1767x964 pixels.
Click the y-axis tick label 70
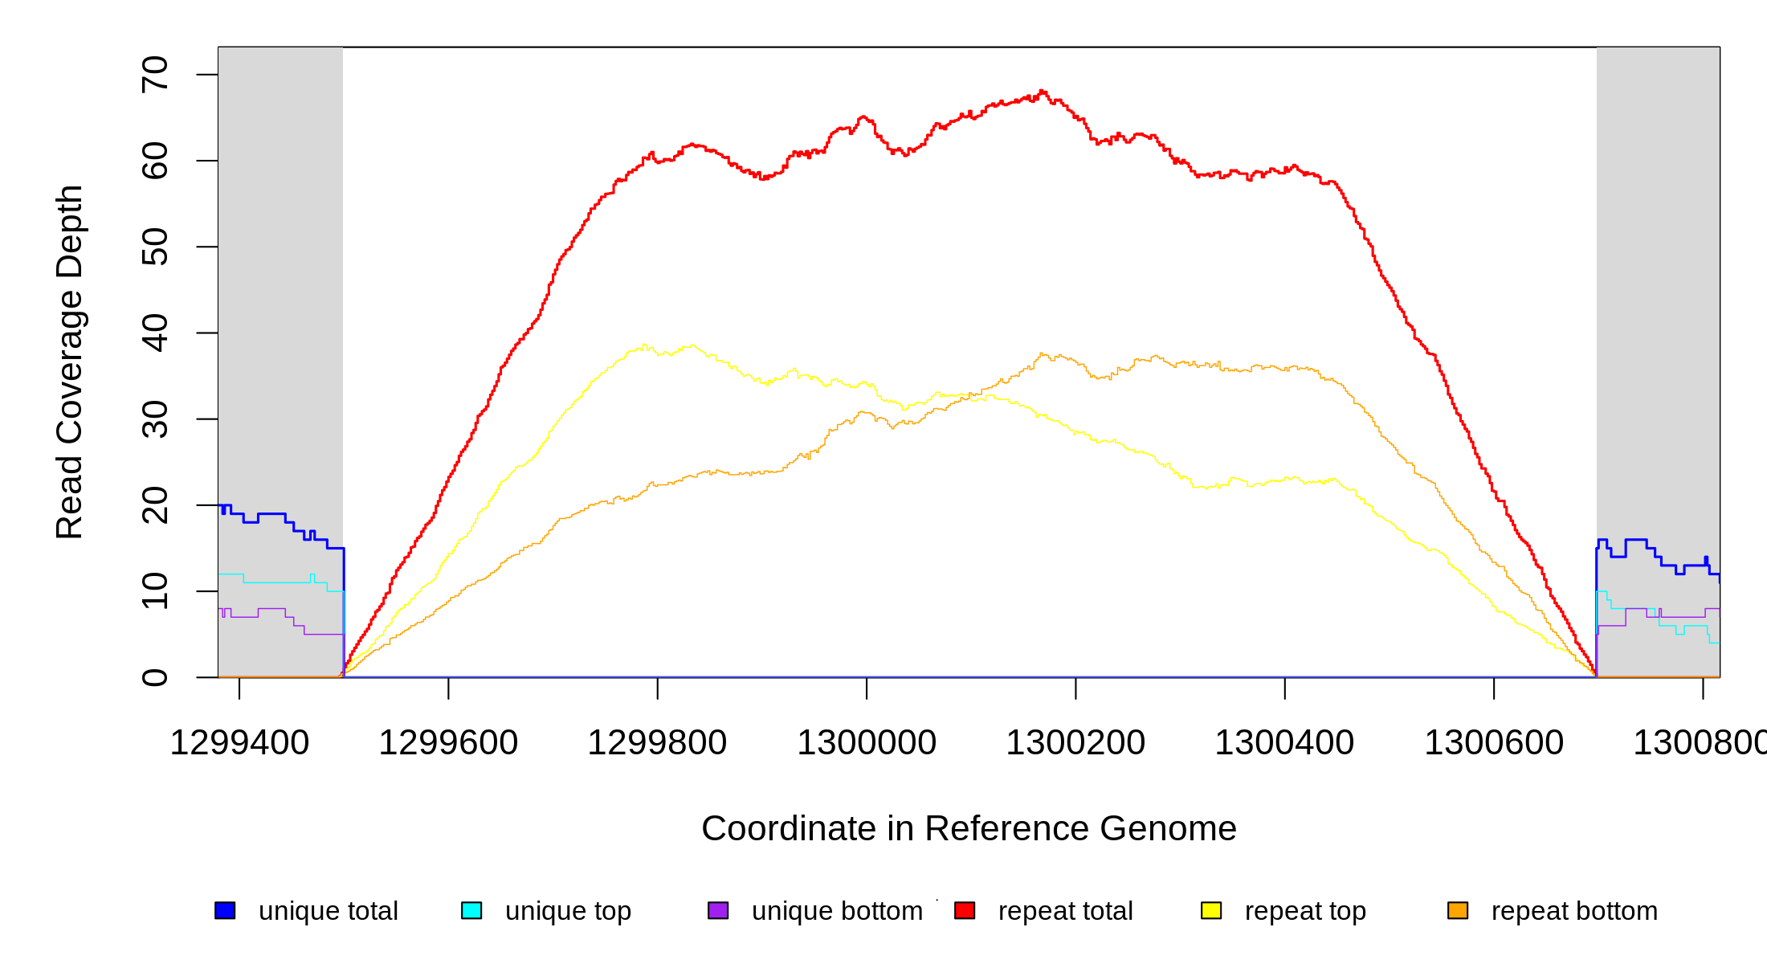[154, 75]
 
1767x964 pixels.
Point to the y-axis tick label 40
[154, 333]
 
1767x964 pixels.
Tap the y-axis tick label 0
[154, 677]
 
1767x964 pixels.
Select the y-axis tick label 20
[154, 505]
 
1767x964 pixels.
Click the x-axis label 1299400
[239, 742]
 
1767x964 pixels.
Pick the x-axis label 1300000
[867, 742]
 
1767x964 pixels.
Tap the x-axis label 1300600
[1494, 742]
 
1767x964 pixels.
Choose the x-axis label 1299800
[657, 742]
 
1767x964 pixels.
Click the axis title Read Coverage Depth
[69, 361]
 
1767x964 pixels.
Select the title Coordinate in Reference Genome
[969, 828]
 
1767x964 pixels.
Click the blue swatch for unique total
[225, 910]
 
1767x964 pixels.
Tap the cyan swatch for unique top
[471, 910]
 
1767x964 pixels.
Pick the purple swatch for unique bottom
[718, 910]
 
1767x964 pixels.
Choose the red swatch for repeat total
[965, 910]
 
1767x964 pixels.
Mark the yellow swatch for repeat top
[1211, 910]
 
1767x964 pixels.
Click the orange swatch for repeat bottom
[1458, 910]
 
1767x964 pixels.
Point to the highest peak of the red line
[1042, 92]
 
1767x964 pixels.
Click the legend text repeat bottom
[1574, 911]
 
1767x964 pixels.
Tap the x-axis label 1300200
[1075, 742]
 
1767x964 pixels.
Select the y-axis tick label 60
[154, 161]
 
